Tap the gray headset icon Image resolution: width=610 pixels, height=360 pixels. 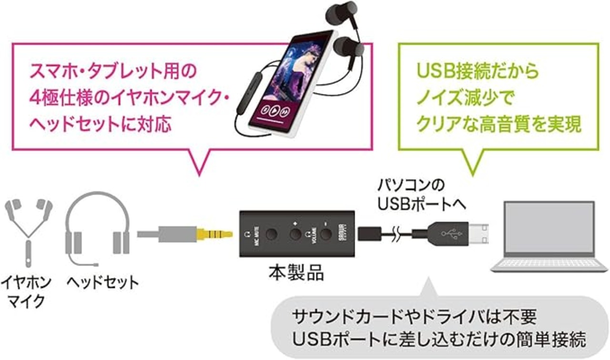coord(98,229)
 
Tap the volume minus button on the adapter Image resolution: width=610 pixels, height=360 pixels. coord(325,234)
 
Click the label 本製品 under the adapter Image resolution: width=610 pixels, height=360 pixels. coord(295,274)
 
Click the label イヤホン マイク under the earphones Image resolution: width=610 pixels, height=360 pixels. coord(27,291)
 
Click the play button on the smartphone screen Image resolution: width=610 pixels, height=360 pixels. coord(274,111)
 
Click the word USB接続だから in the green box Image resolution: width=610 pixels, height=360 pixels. coord(477,71)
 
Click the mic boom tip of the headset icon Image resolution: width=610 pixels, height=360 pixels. coord(96,263)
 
